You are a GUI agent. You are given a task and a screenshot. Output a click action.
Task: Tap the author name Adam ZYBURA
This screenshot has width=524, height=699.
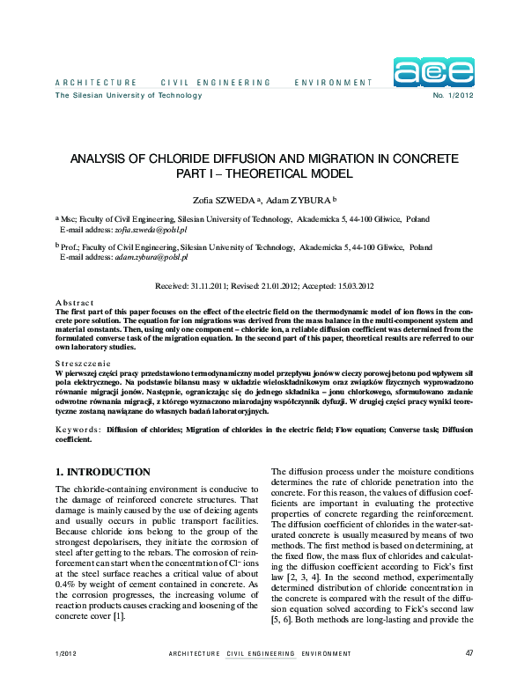pos(298,200)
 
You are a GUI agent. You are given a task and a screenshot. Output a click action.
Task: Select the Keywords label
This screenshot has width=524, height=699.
pos(77,430)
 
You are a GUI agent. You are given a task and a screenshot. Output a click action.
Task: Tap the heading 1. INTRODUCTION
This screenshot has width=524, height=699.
pos(103,472)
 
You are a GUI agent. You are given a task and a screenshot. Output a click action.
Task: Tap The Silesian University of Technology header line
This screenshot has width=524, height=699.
pos(116,95)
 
